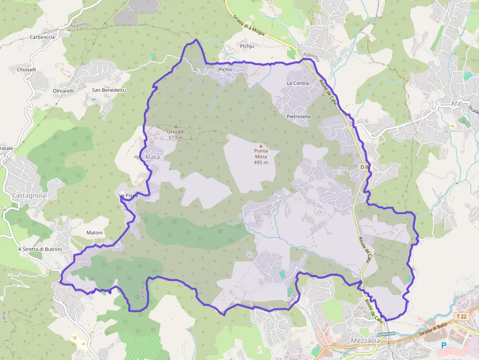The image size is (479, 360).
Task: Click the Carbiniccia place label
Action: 43,37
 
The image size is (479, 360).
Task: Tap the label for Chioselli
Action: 26,70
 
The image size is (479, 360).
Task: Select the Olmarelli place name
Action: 63,91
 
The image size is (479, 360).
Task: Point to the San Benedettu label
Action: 109,90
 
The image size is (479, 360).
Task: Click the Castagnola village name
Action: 29,195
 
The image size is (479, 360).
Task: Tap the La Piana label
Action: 129,195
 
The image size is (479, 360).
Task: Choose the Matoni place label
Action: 94,233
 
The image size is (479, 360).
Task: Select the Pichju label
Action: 247,46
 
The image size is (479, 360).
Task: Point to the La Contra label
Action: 298,83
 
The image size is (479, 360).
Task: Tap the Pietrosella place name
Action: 299,117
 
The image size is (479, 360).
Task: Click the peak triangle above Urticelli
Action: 176,127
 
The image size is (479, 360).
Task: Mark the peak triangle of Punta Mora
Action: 261,146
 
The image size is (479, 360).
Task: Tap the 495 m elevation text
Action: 261,163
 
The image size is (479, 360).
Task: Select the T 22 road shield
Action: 461,317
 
